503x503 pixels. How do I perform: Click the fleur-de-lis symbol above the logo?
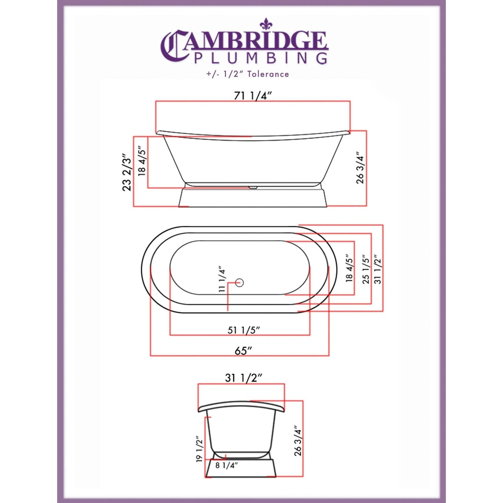point(266,24)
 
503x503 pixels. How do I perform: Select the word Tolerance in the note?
point(268,74)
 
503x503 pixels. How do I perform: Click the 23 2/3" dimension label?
point(127,172)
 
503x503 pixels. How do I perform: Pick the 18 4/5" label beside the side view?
point(142,160)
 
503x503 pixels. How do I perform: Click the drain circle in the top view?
point(239,282)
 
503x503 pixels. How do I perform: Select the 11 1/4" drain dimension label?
point(222,279)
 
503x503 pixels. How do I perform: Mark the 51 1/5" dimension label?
point(244,330)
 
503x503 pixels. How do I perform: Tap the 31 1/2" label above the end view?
point(243,378)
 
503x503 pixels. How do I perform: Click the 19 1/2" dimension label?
point(199,449)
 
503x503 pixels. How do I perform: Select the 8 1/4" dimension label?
point(226,465)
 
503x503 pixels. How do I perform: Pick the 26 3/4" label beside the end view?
point(298,440)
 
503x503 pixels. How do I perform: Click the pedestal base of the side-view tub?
point(253,197)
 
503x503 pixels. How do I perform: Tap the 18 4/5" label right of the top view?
point(349,268)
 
